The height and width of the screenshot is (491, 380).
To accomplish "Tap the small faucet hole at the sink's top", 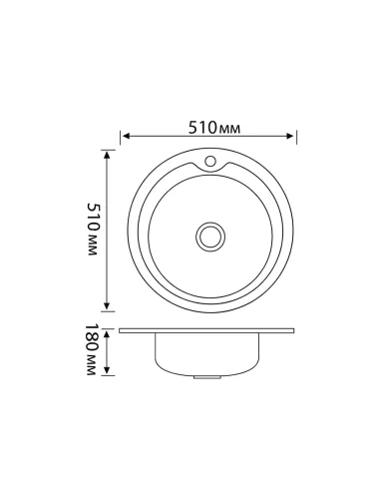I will coord(210,161).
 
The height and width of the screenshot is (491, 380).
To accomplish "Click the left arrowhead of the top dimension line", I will coord(125,138).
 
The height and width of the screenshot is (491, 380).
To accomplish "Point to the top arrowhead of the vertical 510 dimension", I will coord(107,153).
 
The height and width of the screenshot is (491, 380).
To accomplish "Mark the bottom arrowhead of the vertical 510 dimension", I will coord(107,310).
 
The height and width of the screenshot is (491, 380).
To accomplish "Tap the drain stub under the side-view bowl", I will coord(209,378).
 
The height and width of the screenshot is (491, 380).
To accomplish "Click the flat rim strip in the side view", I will coord(209,330).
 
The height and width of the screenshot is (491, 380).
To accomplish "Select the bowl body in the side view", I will coord(209,353).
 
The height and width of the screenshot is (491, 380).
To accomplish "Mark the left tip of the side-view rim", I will coord(121,330).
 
